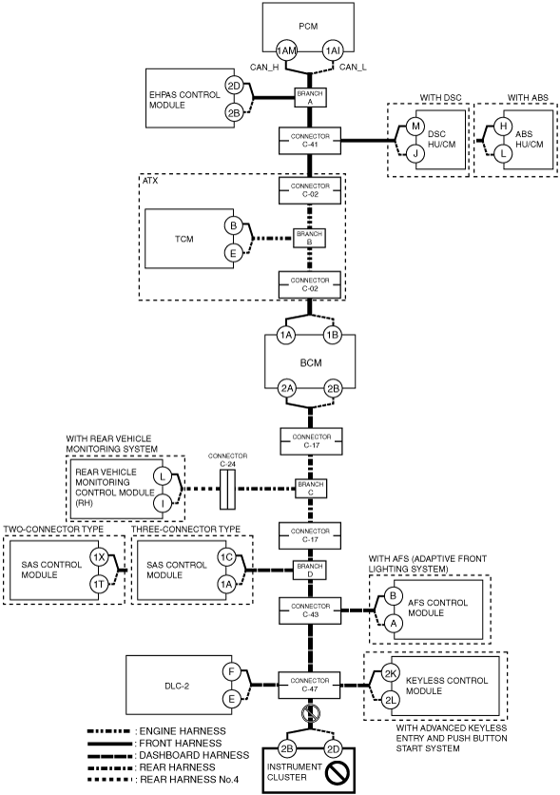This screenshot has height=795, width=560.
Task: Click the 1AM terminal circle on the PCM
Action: click(286, 50)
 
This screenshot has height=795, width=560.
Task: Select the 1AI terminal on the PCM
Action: click(333, 50)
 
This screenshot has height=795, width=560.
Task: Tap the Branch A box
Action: click(310, 97)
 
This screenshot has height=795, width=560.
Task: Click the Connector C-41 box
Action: click(310, 141)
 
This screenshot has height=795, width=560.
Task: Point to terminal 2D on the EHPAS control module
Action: click(234, 87)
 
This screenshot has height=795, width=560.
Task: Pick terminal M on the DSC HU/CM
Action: click(415, 126)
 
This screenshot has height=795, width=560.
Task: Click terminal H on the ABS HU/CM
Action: click(503, 126)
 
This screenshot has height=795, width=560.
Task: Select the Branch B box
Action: click(310, 238)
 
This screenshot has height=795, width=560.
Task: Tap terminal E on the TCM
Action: click(233, 253)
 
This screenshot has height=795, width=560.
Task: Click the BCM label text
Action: click(311, 363)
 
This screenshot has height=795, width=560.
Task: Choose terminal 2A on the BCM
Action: click(286, 389)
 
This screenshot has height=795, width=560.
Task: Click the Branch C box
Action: click(311, 489)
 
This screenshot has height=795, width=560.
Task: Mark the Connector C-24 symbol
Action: click(227, 490)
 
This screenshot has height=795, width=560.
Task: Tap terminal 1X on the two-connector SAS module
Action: click(99, 557)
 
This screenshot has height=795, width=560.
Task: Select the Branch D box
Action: click(310, 571)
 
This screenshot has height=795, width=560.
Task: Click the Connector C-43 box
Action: click(310, 611)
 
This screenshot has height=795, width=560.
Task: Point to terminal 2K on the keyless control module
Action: click(390, 673)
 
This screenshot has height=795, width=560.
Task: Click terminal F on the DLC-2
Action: click(231, 672)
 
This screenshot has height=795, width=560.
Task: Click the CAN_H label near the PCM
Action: click(264, 68)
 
